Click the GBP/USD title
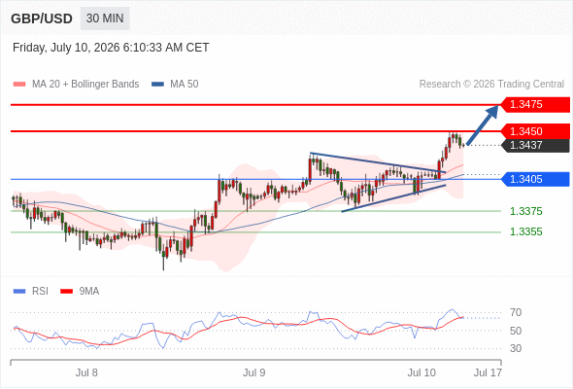click(42, 18)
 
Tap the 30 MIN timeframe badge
click(105, 18)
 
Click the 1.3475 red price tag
click(535, 104)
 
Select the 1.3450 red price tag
click(535, 131)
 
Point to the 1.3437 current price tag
click(535, 145)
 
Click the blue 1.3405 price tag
click(535, 179)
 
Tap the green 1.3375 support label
click(525, 211)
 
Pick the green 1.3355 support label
click(525, 231)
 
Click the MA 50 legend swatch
click(158, 85)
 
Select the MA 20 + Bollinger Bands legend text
click(85, 85)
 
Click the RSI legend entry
click(31, 292)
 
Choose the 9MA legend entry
click(80, 292)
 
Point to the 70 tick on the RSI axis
click(516, 312)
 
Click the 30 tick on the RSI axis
click(516, 348)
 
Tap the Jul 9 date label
click(254, 372)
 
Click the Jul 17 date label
click(488, 372)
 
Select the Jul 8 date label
click(86, 372)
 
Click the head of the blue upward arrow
click(497, 106)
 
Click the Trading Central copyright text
click(491, 85)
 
